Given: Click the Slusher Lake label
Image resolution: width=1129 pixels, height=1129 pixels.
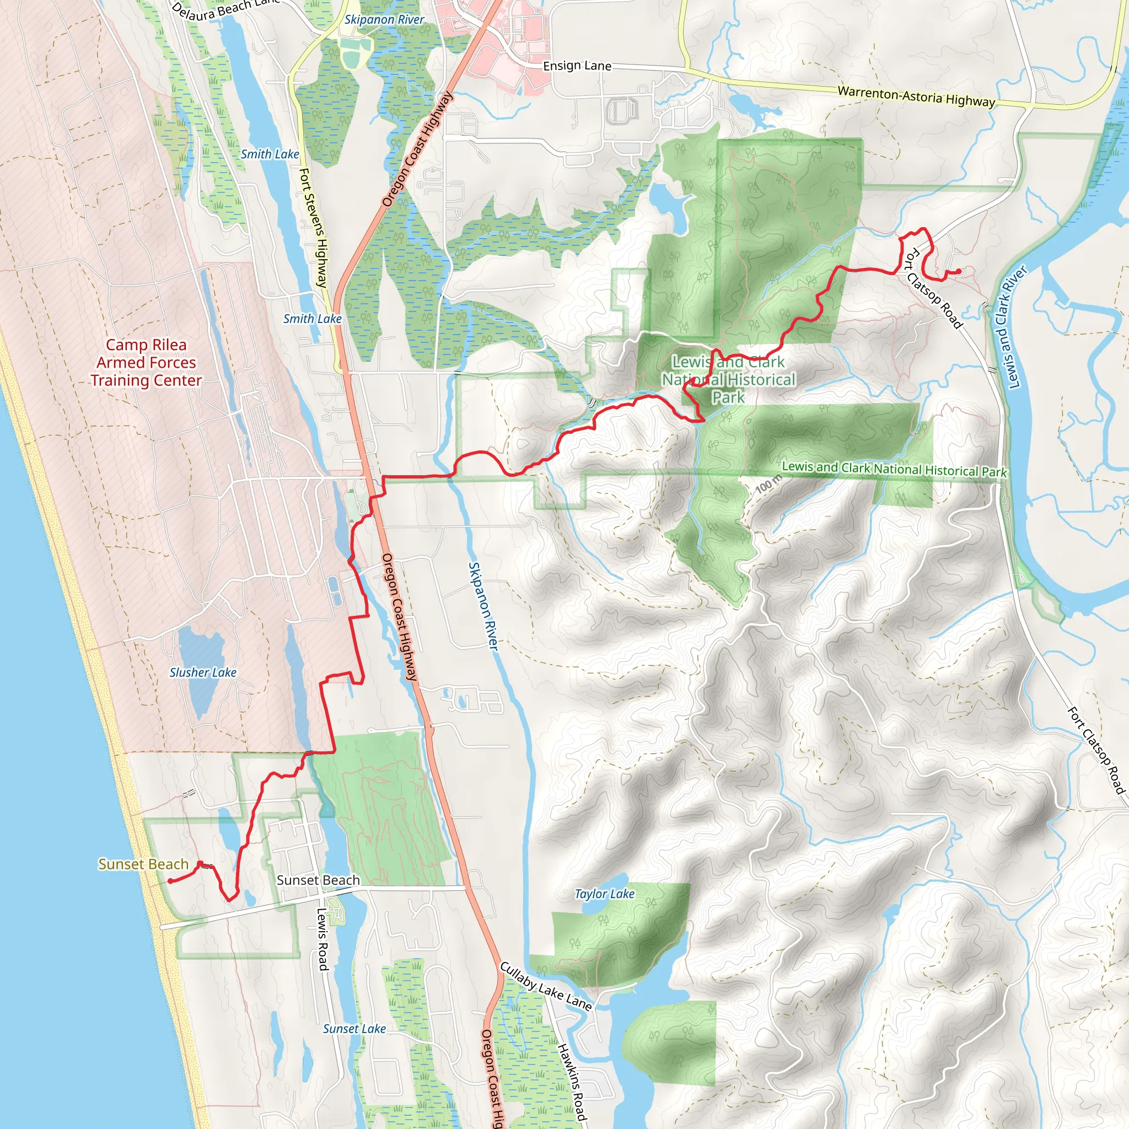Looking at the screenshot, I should click(x=203, y=673).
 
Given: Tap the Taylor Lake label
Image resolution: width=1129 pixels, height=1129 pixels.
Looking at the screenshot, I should click(x=604, y=894).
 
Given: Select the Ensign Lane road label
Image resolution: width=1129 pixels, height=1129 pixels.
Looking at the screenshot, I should click(x=577, y=66).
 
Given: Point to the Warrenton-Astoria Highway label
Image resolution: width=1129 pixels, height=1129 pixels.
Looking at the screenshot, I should click(x=916, y=96).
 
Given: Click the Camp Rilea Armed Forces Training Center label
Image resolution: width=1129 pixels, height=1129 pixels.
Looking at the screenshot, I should click(x=146, y=362).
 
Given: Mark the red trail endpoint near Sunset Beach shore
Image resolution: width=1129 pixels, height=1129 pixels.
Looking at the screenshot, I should click(x=169, y=880).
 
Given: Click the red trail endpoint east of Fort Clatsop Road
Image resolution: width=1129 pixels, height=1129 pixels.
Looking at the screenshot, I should click(x=959, y=271).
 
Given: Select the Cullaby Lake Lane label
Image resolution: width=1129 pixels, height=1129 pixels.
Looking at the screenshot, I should click(x=546, y=986).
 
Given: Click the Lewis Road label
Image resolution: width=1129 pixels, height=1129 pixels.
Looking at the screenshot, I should click(x=322, y=938).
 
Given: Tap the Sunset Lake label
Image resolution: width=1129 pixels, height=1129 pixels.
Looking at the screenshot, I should click(x=354, y=1029).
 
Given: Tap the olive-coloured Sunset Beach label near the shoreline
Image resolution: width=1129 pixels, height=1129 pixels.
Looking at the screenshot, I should click(x=143, y=864).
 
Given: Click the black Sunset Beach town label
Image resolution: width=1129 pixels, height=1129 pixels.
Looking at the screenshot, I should click(x=318, y=880).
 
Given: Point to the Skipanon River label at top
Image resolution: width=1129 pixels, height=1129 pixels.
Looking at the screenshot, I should click(x=384, y=19).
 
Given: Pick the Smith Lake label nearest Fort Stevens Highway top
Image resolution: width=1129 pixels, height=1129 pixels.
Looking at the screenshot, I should click(x=270, y=154).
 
